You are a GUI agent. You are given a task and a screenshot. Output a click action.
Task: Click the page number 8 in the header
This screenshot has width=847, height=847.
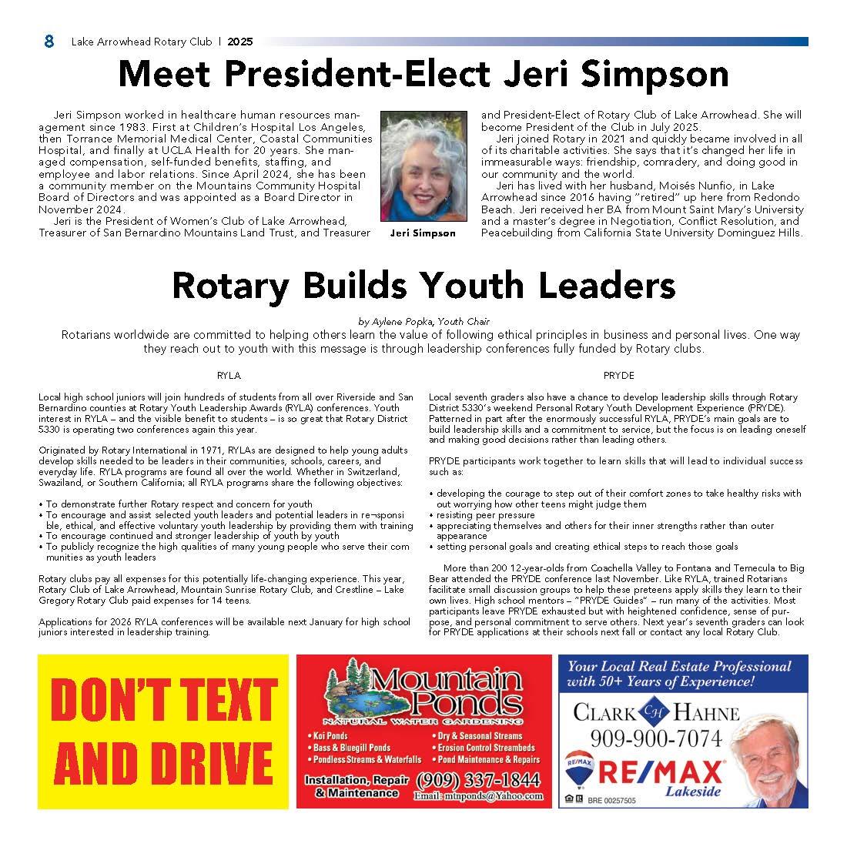[49, 42]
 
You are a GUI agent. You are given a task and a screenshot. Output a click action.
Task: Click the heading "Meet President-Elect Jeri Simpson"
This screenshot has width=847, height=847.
[423, 75]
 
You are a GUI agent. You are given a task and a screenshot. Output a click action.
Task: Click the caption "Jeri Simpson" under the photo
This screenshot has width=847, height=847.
[423, 233]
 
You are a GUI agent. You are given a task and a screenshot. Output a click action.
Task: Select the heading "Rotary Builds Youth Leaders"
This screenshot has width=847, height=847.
[423, 285]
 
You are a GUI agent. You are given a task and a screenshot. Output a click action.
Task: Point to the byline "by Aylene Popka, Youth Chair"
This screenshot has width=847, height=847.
[423, 322]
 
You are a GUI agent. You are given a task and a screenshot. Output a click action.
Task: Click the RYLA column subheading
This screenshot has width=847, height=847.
[229, 376]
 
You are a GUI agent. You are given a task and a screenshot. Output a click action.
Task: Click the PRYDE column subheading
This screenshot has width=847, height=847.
[618, 376]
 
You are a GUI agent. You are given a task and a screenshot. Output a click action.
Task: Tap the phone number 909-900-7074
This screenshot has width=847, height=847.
[656, 739]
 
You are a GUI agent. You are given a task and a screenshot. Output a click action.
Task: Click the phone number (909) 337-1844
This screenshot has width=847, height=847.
[478, 779]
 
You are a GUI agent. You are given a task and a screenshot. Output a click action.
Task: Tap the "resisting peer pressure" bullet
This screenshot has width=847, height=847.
[485, 515]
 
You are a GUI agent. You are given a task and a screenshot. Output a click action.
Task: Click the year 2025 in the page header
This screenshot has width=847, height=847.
[239, 42]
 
